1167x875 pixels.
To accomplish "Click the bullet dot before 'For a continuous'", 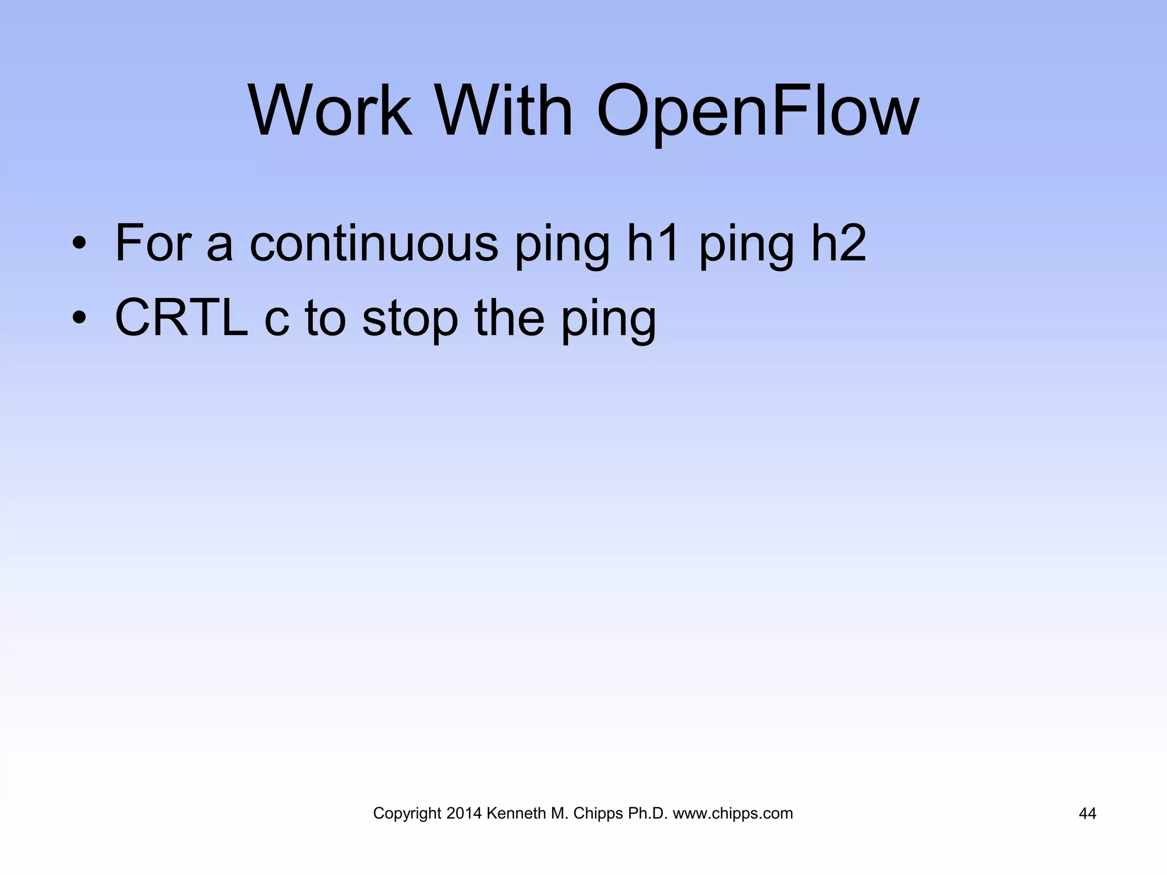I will click(x=79, y=245).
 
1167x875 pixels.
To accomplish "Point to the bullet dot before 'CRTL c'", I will click(x=79, y=319).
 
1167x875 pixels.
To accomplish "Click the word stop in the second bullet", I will click(x=410, y=319).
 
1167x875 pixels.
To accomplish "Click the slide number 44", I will click(x=1087, y=814).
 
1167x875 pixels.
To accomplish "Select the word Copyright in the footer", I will click(x=407, y=814).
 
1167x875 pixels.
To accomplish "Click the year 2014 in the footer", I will click(x=464, y=813).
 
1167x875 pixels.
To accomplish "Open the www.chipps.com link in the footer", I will click(x=733, y=814).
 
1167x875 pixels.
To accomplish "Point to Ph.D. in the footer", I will click(x=647, y=813).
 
